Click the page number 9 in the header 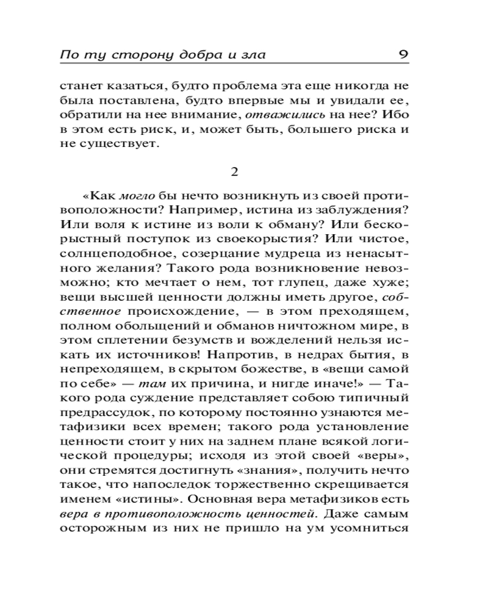click(x=403, y=54)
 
